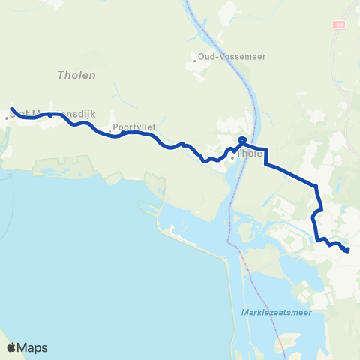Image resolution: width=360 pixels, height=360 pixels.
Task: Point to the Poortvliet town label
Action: click(x=135, y=127)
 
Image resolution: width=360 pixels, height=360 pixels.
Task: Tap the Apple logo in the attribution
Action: click(x=12, y=347)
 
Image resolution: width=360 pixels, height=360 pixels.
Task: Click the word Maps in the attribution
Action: click(x=33, y=347)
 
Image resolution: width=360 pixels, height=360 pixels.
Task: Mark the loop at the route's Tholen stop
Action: click(x=242, y=139)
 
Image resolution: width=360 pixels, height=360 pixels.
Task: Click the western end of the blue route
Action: click(x=11, y=107)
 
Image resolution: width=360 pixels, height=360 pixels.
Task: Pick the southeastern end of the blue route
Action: click(x=347, y=250)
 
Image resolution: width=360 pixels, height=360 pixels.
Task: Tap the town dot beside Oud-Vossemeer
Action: click(x=195, y=60)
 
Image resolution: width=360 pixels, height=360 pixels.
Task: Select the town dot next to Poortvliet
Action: click(x=109, y=132)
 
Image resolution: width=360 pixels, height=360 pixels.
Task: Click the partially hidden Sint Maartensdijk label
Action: click(x=45, y=114)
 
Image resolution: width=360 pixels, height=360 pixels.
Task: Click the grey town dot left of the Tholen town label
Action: click(x=232, y=157)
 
